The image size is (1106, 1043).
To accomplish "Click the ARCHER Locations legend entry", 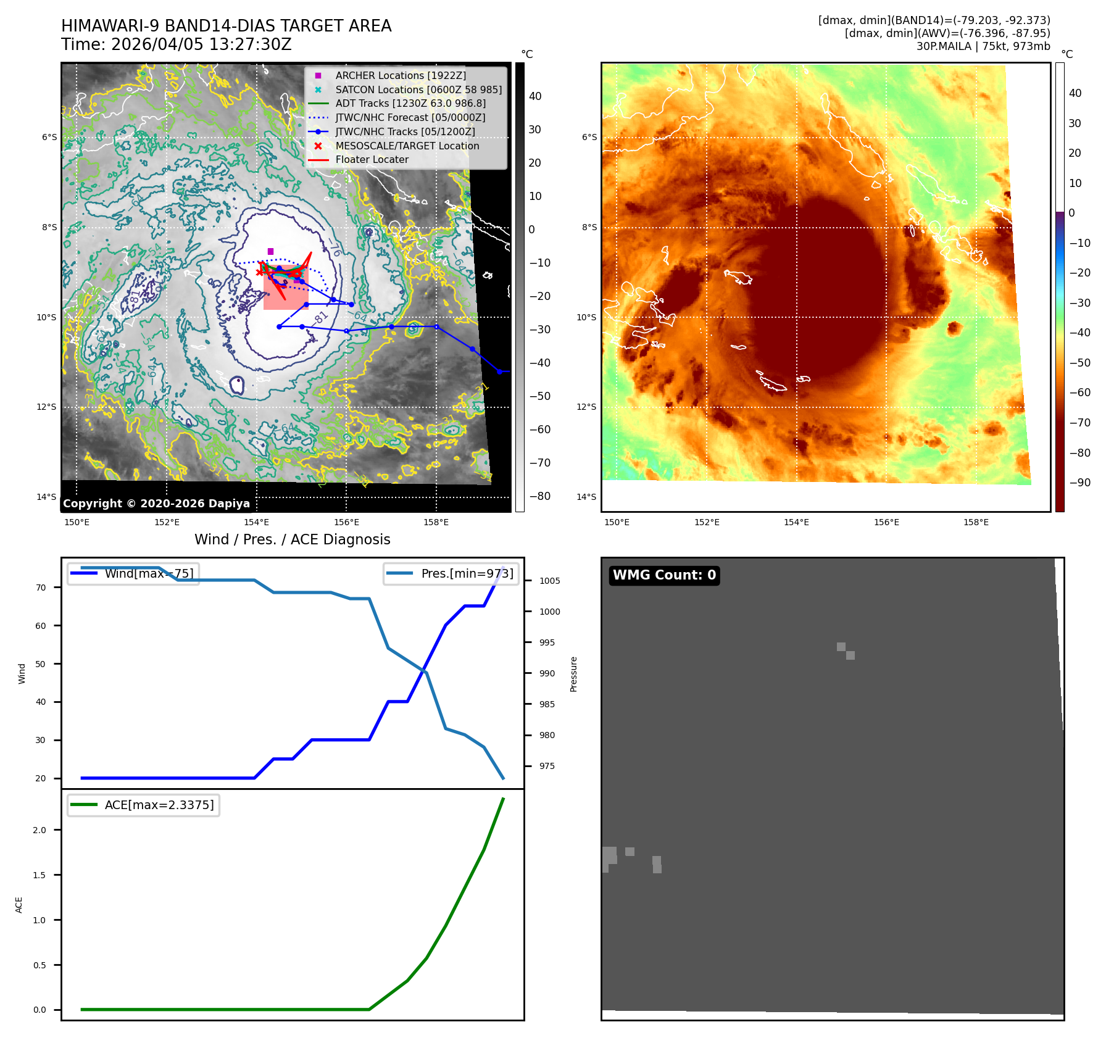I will coord(401,75).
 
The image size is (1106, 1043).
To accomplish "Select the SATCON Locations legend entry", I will coord(418,89).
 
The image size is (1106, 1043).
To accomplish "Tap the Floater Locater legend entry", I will coord(372,159).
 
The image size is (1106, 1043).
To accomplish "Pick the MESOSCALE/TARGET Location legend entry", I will coord(407,146).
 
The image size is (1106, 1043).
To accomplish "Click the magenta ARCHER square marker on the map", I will coord(270,251).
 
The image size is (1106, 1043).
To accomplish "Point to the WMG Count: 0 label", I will coord(664,575).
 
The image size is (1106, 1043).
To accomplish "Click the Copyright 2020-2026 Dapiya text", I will coord(156,504).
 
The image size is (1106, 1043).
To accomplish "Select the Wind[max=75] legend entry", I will coord(149,573).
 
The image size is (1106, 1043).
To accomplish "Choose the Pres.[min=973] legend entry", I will coord(467,573).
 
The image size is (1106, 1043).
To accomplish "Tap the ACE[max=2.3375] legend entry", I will coord(159,805).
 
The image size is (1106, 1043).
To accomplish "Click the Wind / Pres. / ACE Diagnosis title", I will coord(293,539).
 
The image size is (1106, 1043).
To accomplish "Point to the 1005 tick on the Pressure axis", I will coord(549,581).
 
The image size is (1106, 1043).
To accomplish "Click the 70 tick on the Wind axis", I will coord(41,588).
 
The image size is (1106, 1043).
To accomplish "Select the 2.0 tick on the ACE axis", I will coord(39,830).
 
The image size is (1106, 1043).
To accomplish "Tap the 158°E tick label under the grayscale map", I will coord(436,522).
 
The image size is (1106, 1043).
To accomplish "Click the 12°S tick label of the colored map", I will coord(587,407).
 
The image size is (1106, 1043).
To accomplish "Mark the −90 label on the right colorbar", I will coord(1079,483).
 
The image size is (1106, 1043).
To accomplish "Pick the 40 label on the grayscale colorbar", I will coord(534,96).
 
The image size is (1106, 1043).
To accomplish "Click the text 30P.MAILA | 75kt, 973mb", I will coord(983,46).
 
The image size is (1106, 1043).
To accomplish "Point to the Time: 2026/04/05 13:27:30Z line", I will coord(177,44).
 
